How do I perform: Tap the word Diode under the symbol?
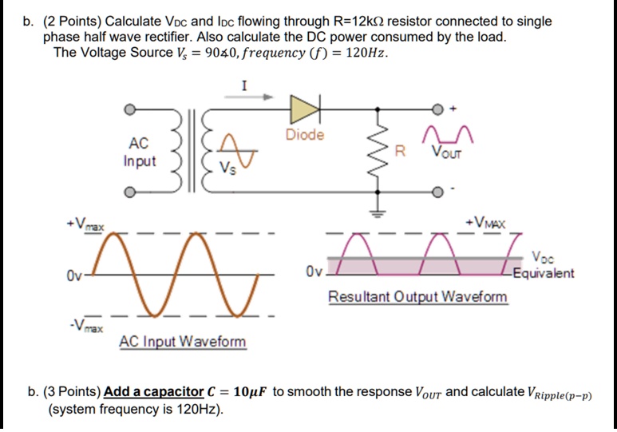point(304,135)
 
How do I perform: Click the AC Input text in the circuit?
point(139,152)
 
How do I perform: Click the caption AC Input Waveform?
point(183,343)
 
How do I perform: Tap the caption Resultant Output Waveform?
point(417,297)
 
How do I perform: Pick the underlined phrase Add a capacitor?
point(153,392)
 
